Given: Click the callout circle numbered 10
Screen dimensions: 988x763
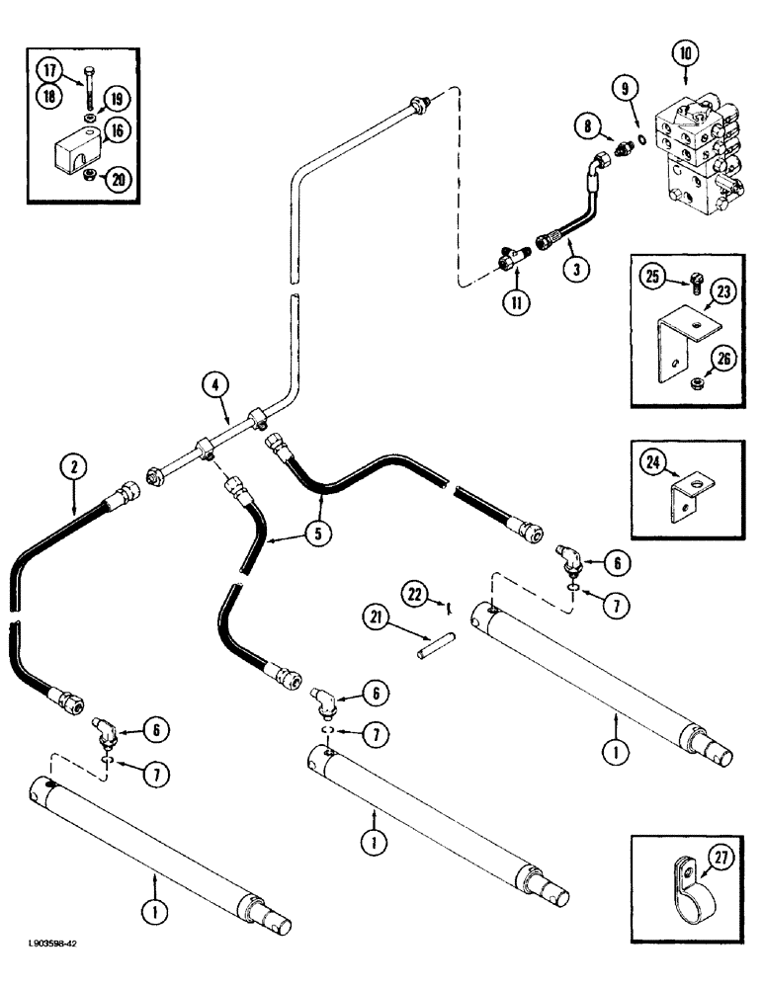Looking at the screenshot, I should pos(684,50).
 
